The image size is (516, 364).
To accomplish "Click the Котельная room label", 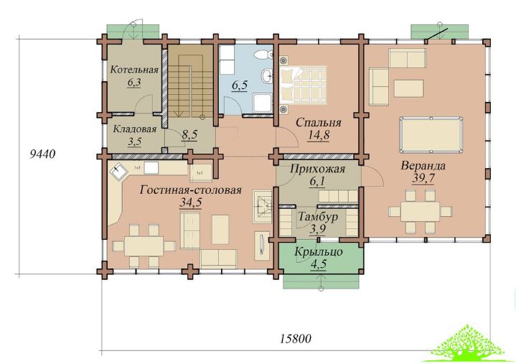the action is (134, 70).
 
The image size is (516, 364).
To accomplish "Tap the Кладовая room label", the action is (135, 129).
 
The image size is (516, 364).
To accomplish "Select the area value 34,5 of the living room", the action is (190, 202).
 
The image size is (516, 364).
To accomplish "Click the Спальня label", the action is (318, 123).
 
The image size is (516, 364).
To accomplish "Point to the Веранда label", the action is (423, 166).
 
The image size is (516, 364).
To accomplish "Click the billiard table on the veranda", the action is (431, 135).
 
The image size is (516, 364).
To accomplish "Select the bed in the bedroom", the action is (303, 84).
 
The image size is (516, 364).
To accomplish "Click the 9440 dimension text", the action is (42, 154).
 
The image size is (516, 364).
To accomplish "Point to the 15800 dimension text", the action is (295, 338).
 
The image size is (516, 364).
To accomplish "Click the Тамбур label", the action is (318, 218).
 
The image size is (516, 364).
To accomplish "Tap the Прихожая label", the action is (317, 169).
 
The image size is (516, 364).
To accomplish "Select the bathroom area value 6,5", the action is (240, 85).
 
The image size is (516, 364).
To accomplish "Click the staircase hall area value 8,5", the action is (189, 135).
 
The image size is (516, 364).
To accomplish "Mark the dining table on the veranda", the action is (420, 211).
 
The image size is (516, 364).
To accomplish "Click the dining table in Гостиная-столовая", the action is (144, 246).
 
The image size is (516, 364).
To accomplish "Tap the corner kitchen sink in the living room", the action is (118, 171).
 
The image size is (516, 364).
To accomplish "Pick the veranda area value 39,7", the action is (423, 178).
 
